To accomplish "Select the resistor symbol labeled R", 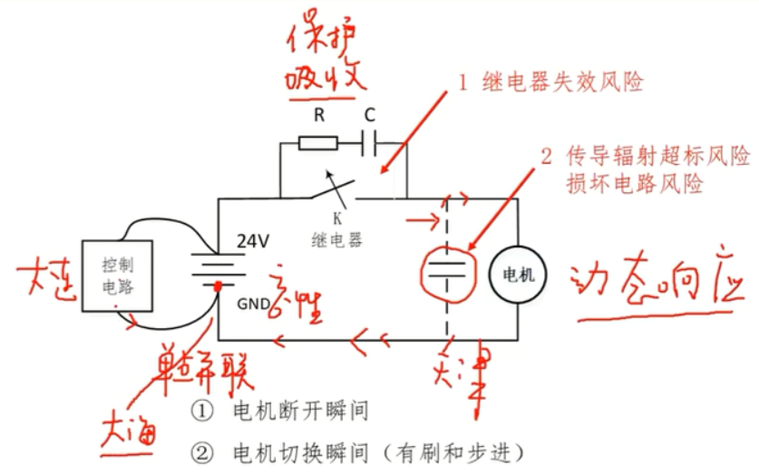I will click(318, 141).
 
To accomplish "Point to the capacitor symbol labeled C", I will click(370, 141).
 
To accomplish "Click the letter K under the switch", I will click(336, 218).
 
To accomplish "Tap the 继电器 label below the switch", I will click(336, 240).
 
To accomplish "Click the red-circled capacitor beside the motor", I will click(450, 267).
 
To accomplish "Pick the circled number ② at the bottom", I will click(200, 451).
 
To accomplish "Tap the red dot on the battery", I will click(219, 287).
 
